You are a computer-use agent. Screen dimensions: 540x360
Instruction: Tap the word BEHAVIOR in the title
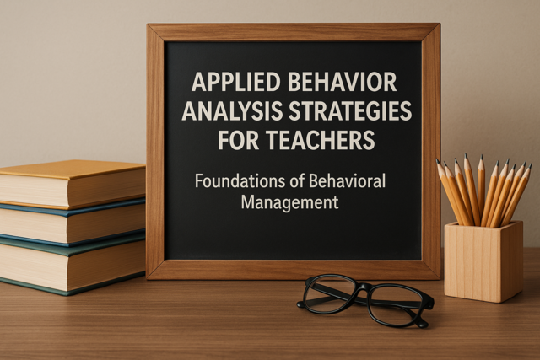(x=342, y=82)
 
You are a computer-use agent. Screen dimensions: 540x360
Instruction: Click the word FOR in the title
(x=238, y=140)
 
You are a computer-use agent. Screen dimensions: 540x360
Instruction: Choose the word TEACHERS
(x=321, y=140)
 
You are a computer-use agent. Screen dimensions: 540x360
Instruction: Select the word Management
(x=289, y=202)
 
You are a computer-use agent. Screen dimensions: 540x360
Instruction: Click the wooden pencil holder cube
(x=483, y=261)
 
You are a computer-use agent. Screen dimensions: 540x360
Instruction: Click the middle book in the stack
(x=73, y=222)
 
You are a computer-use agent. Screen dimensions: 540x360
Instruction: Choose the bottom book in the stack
(x=73, y=263)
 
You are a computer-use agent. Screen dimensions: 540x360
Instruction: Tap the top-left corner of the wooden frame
(x=148, y=24)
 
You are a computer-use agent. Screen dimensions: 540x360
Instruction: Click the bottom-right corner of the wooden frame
(x=440, y=279)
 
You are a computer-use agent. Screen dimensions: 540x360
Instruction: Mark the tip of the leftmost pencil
(x=437, y=159)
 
